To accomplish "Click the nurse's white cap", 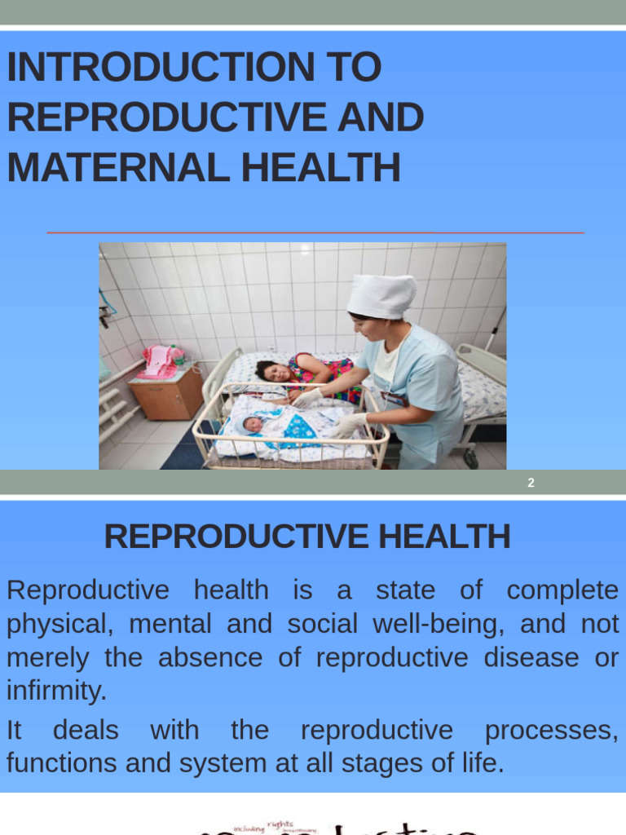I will click(x=381, y=295).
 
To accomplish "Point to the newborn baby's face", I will click(x=253, y=424).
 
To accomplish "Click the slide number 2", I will click(x=531, y=483).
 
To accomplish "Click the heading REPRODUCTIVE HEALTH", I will click(x=307, y=537).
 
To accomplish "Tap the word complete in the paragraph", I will click(x=562, y=590).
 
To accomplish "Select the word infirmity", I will click(x=56, y=691).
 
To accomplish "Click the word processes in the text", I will click(x=551, y=730).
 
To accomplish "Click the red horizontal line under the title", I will click(x=315, y=233).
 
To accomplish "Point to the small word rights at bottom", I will click(x=280, y=824).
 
